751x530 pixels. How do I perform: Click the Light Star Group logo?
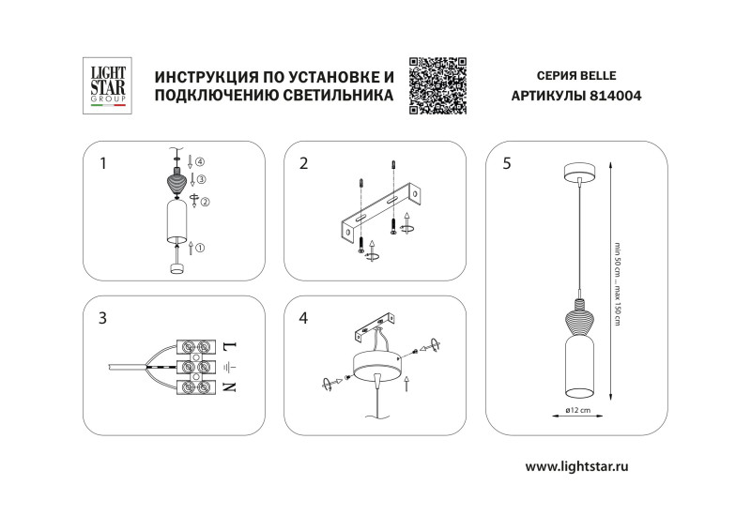[108, 85]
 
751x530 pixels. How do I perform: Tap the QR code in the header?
[437, 85]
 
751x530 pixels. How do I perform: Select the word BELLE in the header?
[600, 73]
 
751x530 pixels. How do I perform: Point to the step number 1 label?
[104, 163]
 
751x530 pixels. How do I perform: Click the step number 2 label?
[303, 163]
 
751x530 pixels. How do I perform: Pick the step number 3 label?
[103, 318]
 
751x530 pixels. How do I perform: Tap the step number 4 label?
[303, 318]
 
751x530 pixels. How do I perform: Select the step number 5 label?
[507, 163]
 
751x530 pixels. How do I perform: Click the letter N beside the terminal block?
[230, 386]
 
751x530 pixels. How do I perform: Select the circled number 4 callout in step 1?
[199, 161]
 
